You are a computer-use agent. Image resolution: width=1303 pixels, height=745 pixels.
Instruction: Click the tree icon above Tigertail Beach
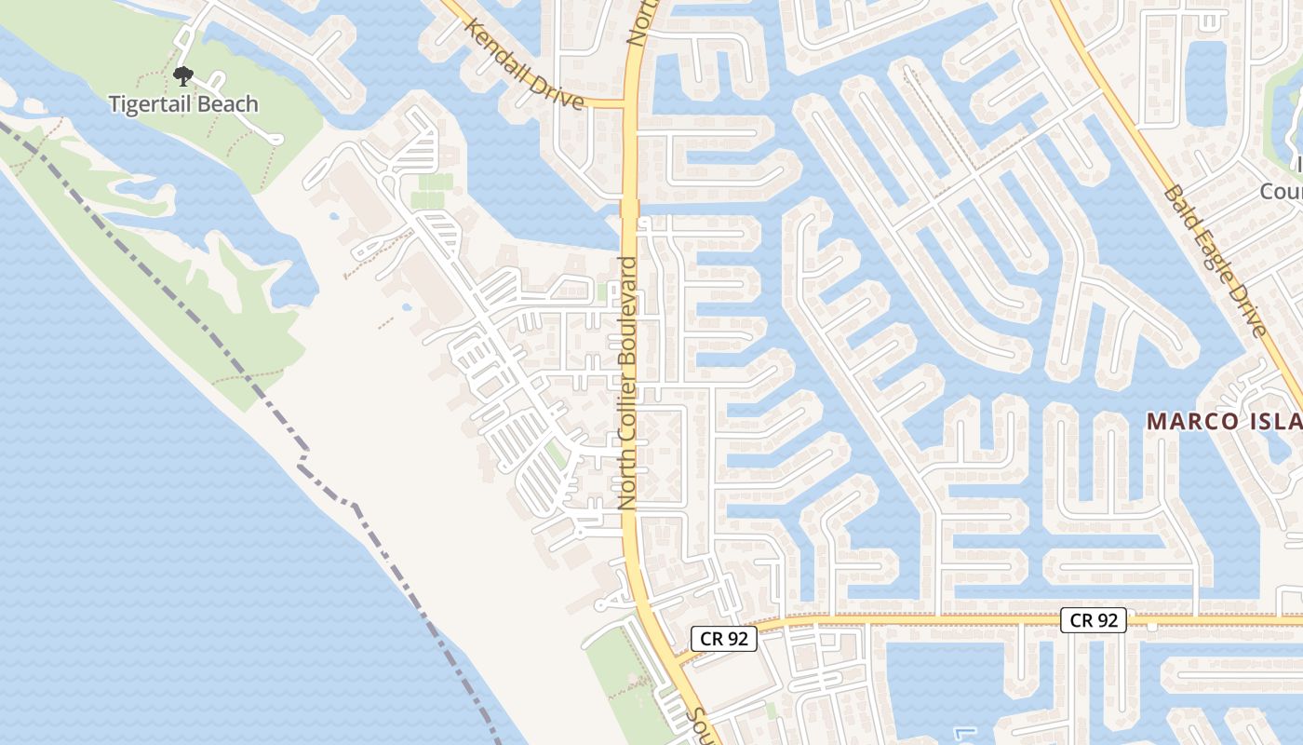pyautogui.click(x=183, y=75)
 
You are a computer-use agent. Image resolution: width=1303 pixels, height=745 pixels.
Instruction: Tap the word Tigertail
pyautogui.click(x=153, y=104)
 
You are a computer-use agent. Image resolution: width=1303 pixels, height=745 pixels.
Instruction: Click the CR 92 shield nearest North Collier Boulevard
pyautogui.click(x=723, y=639)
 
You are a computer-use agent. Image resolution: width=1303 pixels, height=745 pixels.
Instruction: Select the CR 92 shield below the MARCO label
pyautogui.click(x=1094, y=620)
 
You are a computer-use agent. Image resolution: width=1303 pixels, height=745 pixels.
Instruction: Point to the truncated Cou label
pyautogui.click(x=1281, y=191)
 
